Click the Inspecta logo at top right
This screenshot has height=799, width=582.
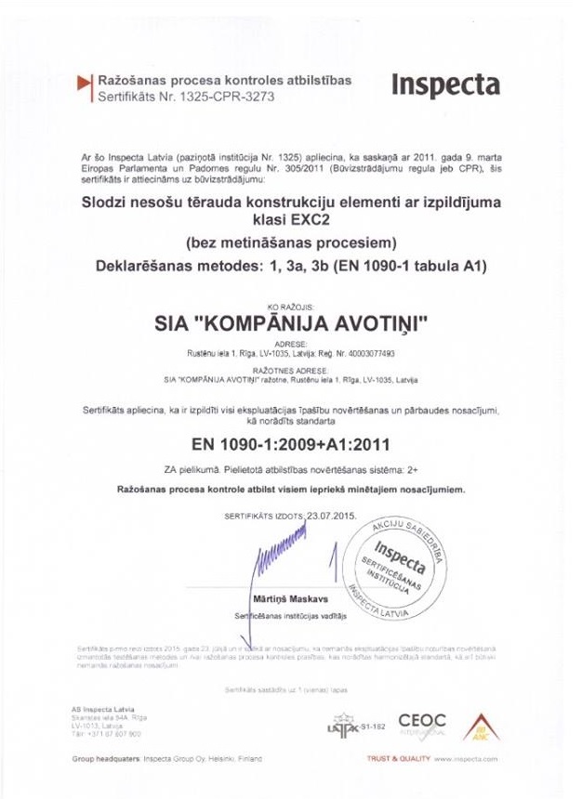pyautogui.click(x=444, y=85)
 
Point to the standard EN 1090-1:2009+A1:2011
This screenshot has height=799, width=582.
pyautogui.click(x=290, y=441)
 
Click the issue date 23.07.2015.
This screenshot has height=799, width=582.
pyautogui.click(x=331, y=513)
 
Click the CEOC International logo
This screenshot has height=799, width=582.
pyautogui.click(x=422, y=722)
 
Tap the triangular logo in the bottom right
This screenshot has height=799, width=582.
pyautogui.click(x=481, y=726)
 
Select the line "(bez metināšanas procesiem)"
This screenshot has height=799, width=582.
pyautogui.click(x=291, y=244)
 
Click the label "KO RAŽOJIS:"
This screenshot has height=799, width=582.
pyautogui.click(x=290, y=306)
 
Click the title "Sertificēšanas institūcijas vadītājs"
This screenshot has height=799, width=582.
pyautogui.click(x=289, y=616)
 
